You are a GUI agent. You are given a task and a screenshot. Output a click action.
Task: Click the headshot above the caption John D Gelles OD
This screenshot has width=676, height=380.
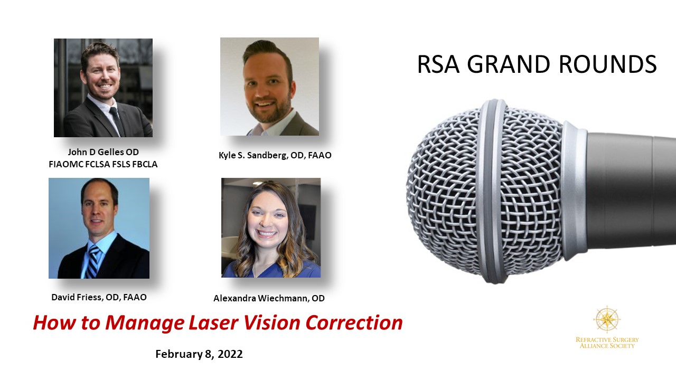103,88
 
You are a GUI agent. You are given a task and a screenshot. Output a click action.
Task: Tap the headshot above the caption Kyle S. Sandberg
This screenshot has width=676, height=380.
269,87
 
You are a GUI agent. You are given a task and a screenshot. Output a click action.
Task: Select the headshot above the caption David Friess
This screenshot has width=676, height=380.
99,228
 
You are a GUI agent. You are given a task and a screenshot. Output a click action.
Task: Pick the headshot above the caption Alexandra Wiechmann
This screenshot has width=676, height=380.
271,227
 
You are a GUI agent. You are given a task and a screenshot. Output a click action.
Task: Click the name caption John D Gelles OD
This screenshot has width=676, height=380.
103,152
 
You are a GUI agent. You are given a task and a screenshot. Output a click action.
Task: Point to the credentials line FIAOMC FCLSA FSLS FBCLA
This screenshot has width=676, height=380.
103,164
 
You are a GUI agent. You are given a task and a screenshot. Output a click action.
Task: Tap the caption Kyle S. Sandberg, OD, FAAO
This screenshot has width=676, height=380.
275,155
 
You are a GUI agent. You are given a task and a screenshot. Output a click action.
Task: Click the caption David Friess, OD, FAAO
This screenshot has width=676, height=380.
99,297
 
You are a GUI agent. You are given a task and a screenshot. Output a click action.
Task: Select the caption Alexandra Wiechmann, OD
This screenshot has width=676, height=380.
269,298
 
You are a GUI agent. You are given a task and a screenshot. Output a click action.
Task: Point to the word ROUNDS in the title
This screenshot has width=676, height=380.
608,64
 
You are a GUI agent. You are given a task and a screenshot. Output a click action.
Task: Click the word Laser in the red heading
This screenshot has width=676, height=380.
213,322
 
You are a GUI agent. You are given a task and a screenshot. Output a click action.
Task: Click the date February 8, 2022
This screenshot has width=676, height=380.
199,354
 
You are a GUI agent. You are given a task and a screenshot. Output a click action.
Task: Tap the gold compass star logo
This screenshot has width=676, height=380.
607,319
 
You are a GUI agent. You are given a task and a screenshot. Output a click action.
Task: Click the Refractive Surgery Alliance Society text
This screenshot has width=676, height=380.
607,343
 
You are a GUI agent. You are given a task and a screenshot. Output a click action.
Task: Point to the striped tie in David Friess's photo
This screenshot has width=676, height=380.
92,262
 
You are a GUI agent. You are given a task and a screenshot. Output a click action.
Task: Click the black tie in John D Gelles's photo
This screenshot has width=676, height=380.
117,121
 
